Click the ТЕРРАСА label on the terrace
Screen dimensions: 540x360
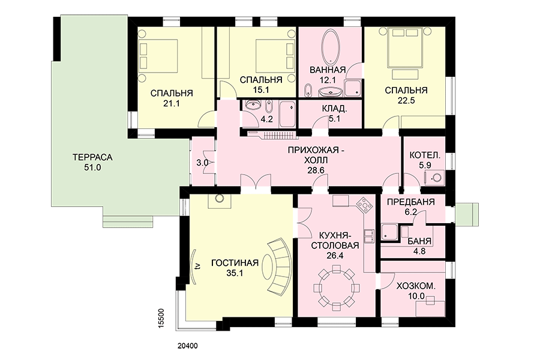[92, 157]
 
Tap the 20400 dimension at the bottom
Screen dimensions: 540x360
[188, 346]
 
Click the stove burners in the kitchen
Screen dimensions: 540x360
[364, 205]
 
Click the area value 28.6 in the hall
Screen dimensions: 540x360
[317, 170]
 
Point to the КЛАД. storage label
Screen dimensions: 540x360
[334, 109]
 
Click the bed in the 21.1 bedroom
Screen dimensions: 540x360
[158, 56]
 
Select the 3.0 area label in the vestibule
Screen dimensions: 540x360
[202, 163]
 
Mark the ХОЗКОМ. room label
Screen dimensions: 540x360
[416, 286]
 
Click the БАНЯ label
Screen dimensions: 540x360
[419, 241]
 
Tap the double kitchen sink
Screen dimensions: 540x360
[370, 236]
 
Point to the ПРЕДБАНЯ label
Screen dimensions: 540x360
[411, 202]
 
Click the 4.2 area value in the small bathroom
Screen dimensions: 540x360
[266, 119]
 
